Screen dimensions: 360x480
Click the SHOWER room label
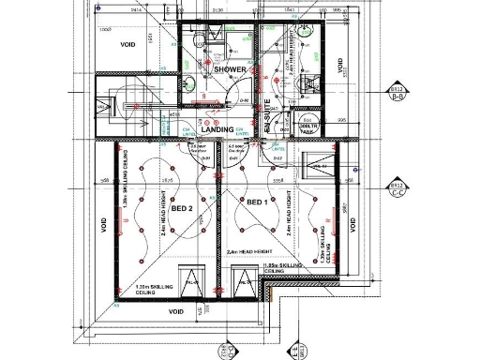coord(229,69)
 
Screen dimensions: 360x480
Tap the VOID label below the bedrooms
coord(175,312)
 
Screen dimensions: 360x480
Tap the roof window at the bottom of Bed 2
coord(194,279)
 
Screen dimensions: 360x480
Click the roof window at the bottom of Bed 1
coord(243,279)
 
